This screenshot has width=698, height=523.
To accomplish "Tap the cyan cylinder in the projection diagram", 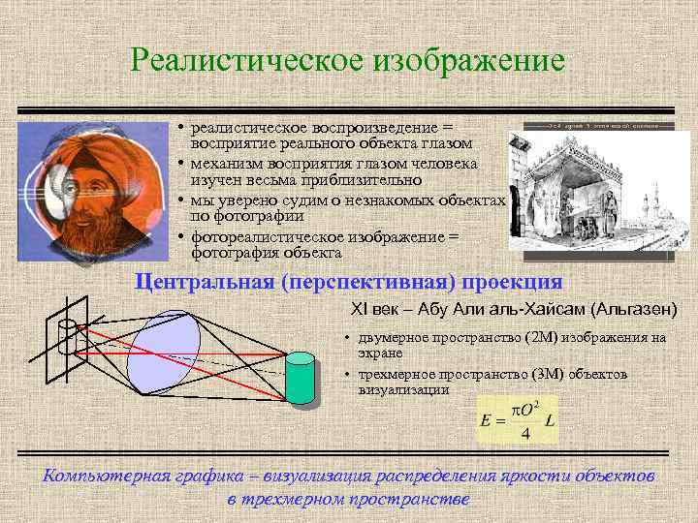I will pos(301,380).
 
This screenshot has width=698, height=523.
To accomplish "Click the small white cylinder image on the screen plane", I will pos(69,338).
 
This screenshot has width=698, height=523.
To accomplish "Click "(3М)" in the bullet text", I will pos(550,374).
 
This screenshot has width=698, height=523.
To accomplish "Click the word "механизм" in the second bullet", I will pos(227,163).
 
